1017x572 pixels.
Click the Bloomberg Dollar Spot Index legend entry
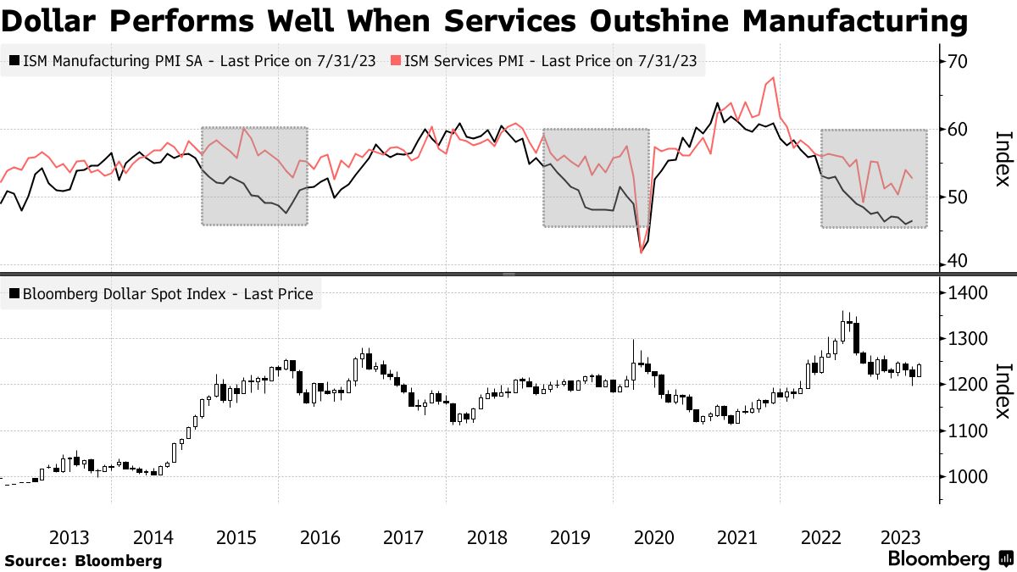click(162, 294)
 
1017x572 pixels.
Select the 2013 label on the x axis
click(70, 537)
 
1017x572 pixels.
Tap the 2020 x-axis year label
click(654, 537)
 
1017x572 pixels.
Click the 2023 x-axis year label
click(903, 537)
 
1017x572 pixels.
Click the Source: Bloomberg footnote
click(83, 560)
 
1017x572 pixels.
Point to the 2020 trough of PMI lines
click(642, 252)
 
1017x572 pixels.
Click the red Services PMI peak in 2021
click(772, 79)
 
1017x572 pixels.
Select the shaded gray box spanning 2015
click(254, 176)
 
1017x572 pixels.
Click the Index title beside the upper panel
click(1002, 158)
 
